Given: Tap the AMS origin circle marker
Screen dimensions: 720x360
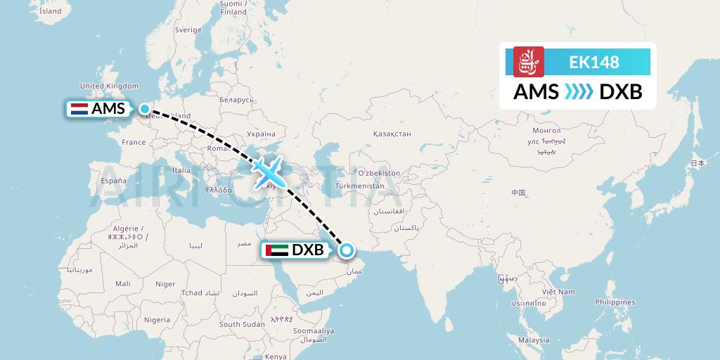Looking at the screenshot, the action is click(x=144, y=109).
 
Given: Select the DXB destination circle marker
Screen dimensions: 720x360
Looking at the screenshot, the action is click(x=346, y=250).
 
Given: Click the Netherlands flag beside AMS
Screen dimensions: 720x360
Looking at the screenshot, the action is click(x=79, y=109).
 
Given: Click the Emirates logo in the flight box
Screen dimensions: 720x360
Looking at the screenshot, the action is click(x=529, y=62).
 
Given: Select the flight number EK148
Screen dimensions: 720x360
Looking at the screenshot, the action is click(x=594, y=62).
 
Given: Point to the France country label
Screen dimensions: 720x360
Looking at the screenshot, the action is click(x=134, y=142).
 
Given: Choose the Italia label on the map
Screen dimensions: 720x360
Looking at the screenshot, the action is click(x=181, y=170).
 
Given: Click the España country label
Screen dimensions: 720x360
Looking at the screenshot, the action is click(x=113, y=181).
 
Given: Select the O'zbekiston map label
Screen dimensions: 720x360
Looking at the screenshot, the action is click(x=379, y=173).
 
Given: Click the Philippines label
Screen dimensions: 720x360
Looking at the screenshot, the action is click(x=615, y=302).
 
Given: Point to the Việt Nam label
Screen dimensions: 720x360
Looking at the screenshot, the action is click(x=558, y=292).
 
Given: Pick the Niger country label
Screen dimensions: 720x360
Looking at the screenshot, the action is click(x=165, y=284).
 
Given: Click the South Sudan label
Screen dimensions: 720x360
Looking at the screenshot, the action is click(x=242, y=324).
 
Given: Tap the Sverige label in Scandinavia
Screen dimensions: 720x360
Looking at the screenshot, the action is click(x=188, y=30).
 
